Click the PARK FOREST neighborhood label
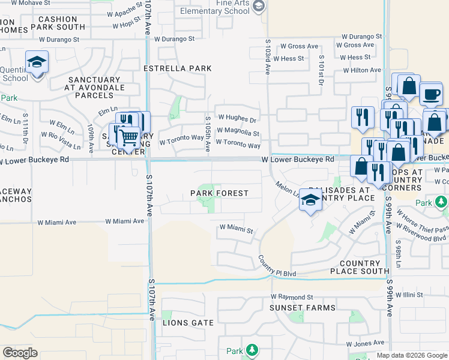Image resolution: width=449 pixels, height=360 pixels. [x=219, y=193]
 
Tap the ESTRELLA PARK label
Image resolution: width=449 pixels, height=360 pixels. [x=178, y=68]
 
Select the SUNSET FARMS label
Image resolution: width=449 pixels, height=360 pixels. [x=303, y=308]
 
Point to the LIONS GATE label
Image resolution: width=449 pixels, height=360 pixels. [x=188, y=323]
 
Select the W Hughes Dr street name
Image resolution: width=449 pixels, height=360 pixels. [x=237, y=118]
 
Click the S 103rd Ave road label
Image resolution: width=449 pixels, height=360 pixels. [x=268, y=57]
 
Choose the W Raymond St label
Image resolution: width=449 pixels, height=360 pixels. [x=292, y=297]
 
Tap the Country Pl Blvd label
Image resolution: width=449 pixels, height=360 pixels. [x=277, y=266]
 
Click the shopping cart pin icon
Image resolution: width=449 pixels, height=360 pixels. [x=128, y=137]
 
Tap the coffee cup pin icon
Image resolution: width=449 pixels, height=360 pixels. [x=430, y=94]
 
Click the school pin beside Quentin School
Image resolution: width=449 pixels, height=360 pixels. [x=37, y=62]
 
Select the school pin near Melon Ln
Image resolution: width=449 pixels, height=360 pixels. [x=310, y=200]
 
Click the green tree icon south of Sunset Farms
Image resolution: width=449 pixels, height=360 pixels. [x=252, y=350]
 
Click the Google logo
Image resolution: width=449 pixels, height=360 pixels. [x=20, y=353]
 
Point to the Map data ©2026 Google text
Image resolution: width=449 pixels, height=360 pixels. [x=412, y=355]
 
